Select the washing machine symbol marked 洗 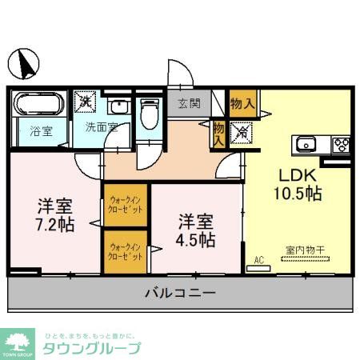(x=86, y=102)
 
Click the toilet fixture (x=149, y=114)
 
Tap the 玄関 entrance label (x=190, y=103)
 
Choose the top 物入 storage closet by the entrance (x=242, y=102)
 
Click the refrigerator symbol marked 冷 (x=240, y=133)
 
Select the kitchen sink (x=308, y=145)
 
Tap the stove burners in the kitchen (x=342, y=145)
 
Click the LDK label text (x=298, y=175)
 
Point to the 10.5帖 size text (x=299, y=194)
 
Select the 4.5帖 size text (x=195, y=238)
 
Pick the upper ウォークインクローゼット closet (x=126, y=205)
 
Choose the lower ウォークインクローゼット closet (x=126, y=252)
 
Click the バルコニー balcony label (x=180, y=294)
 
